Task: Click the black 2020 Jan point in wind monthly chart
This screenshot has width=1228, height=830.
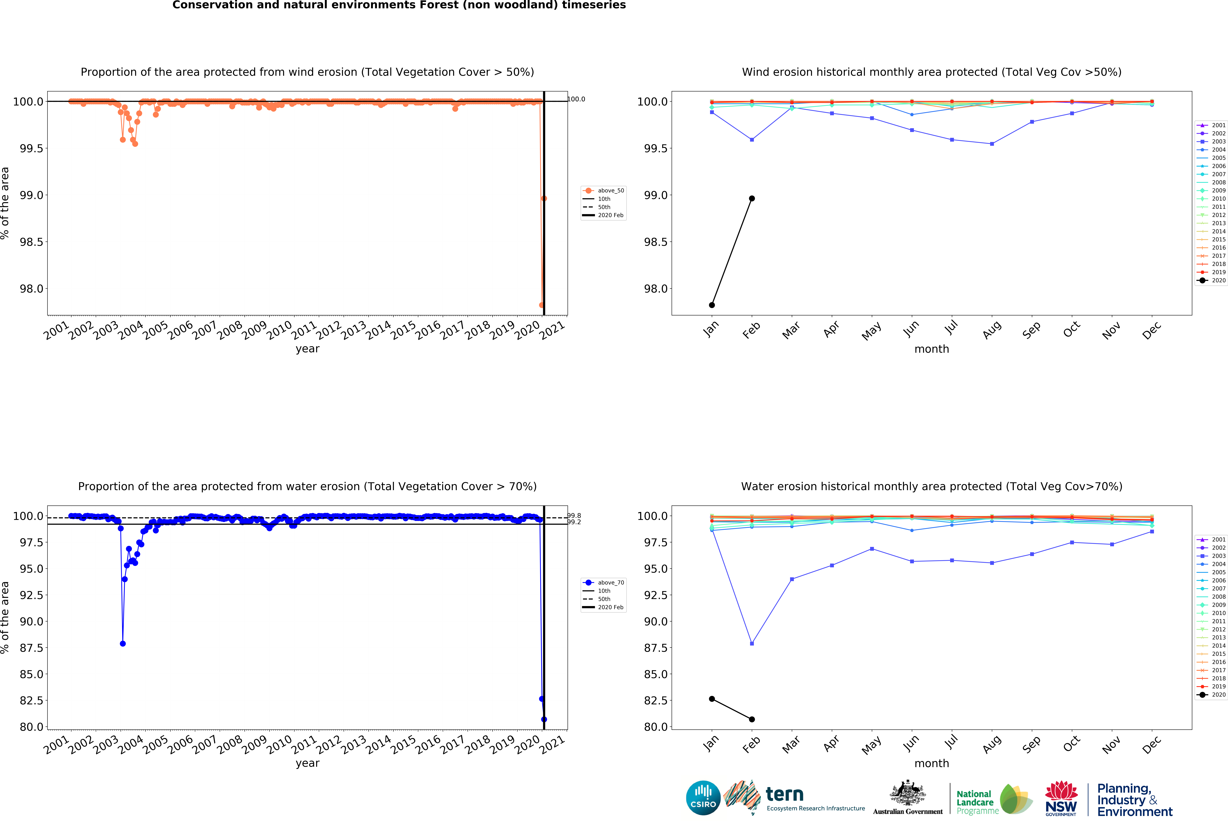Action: click(x=712, y=305)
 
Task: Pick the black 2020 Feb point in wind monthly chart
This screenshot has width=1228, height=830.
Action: click(x=752, y=199)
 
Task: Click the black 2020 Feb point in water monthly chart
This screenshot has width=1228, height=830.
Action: click(x=752, y=719)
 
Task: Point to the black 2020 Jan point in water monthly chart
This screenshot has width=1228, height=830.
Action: click(x=712, y=698)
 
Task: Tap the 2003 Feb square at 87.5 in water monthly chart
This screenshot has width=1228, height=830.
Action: click(x=752, y=643)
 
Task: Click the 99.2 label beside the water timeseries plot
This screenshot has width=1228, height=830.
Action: click(x=574, y=522)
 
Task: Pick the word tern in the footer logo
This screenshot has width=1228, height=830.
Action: click(x=785, y=794)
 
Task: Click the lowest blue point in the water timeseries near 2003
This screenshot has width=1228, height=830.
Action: click(x=123, y=643)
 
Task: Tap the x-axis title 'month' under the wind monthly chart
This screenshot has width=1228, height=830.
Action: click(x=932, y=349)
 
